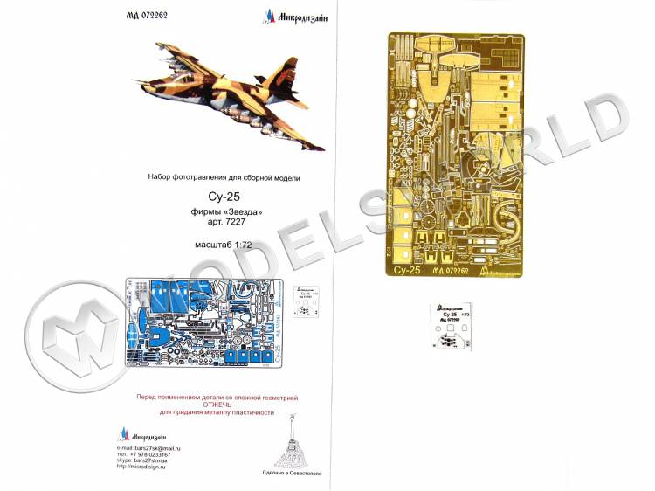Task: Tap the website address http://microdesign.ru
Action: point(145,469)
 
